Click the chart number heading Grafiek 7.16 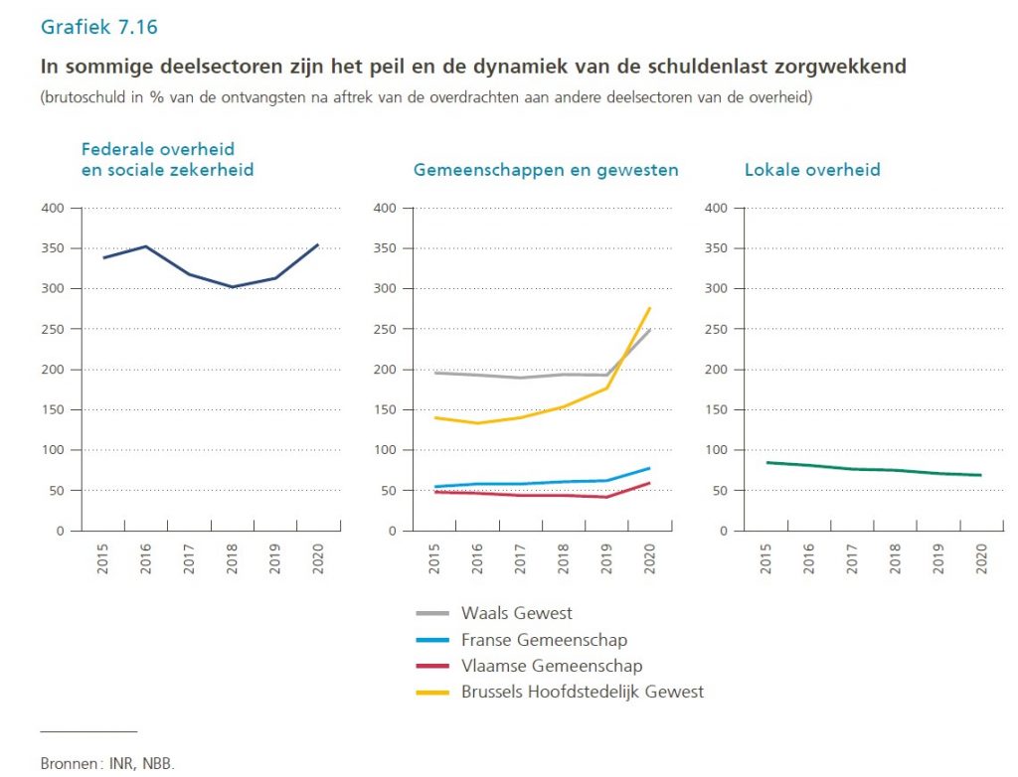[98, 27]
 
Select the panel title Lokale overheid [812, 170]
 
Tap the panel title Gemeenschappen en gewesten [546, 170]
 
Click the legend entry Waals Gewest [517, 613]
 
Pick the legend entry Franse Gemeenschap [544, 640]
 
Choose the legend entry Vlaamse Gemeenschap [552, 666]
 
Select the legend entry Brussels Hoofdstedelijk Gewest [583, 692]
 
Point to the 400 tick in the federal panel [53, 209]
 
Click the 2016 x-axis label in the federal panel [145, 559]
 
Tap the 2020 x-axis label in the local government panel [981, 559]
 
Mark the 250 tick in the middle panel [385, 329]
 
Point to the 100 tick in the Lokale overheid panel [717, 450]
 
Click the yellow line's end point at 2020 [649, 308]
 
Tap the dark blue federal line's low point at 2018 [232, 287]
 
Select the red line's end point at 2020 [649, 483]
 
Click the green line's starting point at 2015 [766, 462]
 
